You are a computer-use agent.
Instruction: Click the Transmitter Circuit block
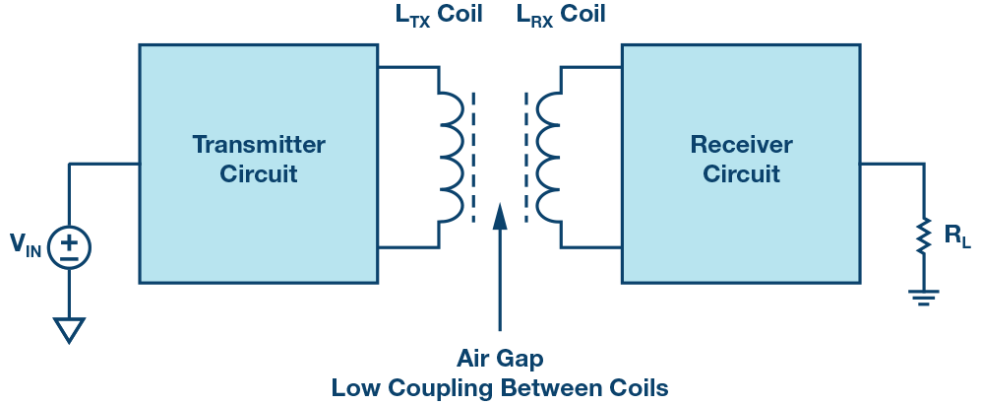(x=258, y=163)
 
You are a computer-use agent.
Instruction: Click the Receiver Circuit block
(x=741, y=163)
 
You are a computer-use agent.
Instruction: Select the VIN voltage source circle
(x=69, y=245)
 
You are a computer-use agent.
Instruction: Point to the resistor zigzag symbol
(x=923, y=236)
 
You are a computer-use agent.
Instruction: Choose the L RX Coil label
(x=561, y=15)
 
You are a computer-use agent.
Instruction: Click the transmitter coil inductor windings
(x=451, y=157)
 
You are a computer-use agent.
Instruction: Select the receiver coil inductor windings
(x=547, y=157)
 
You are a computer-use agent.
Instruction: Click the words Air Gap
(x=500, y=357)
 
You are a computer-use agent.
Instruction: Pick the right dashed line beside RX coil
(x=525, y=157)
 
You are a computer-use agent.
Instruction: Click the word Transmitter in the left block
(x=258, y=145)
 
